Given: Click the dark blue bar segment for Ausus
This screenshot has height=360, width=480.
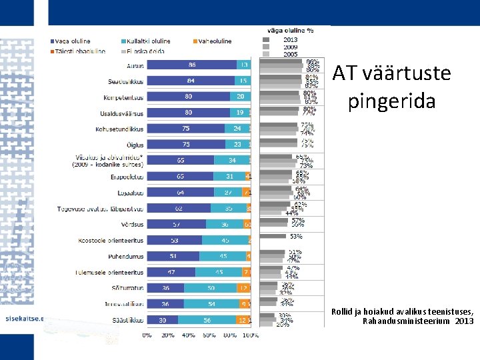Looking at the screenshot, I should coord(191,65).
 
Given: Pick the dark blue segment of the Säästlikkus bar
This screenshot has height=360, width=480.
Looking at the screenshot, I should coord(163,320).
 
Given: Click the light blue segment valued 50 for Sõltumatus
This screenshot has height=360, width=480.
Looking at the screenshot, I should coord(211,288).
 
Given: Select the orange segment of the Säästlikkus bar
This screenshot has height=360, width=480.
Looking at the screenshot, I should coord(243,320).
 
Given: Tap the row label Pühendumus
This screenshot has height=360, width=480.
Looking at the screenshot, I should coord(126,256).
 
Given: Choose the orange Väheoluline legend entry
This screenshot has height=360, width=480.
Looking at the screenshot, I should coord(214,41).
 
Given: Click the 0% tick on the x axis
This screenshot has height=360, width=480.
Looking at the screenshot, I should coord(147,335).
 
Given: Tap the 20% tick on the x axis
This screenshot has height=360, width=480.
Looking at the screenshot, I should coord(169,335).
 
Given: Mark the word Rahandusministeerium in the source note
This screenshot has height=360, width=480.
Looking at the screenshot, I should coord(407,321).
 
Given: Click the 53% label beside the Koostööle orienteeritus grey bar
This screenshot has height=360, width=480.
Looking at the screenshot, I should coord(295,236).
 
